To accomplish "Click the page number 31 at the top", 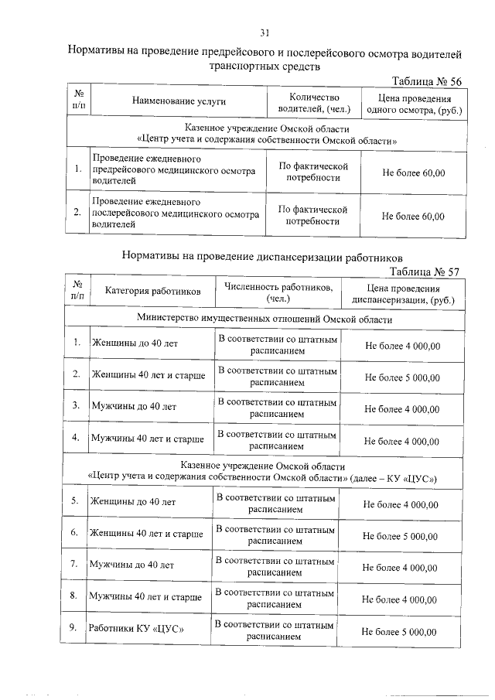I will tap(265, 32).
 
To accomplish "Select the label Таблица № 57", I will tap(425, 271).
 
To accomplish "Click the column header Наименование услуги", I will tap(179, 102).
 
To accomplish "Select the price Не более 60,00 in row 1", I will tap(414, 172).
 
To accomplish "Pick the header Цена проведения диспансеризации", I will tap(403, 292).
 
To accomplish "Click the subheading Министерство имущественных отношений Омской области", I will tap(265, 319).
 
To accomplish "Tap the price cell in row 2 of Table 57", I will tap(402, 377).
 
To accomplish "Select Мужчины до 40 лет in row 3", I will tap(134, 406).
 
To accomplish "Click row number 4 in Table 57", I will tap(77, 438).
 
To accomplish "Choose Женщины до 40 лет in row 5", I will tap(133, 502).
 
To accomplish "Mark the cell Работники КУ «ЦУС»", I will tap(136, 629).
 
